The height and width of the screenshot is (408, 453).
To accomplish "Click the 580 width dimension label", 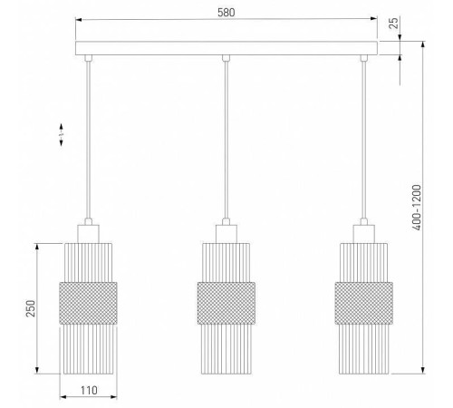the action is pyautogui.click(x=226, y=13).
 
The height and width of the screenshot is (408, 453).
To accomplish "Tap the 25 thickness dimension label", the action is pyautogui.click(x=393, y=23).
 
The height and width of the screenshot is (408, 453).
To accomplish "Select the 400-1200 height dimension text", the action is pyautogui.click(x=417, y=208).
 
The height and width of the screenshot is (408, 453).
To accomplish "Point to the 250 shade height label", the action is pyautogui.click(x=31, y=308).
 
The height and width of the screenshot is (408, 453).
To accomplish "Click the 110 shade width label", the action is pyautogui.click(x=89, y=391).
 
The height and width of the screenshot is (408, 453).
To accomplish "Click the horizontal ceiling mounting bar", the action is pyautogui.click(x=226, y=48).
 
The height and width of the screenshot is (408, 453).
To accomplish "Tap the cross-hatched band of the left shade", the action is pyautogui.click(x=88, y=303).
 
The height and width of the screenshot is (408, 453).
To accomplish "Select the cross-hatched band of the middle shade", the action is pyautogui.click(x=226, y=303).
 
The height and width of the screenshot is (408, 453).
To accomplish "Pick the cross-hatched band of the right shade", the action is pyautogui.click(x=364, y=303).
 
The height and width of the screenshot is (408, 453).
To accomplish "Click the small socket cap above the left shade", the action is pyautogui.click(x=88, y=234).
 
